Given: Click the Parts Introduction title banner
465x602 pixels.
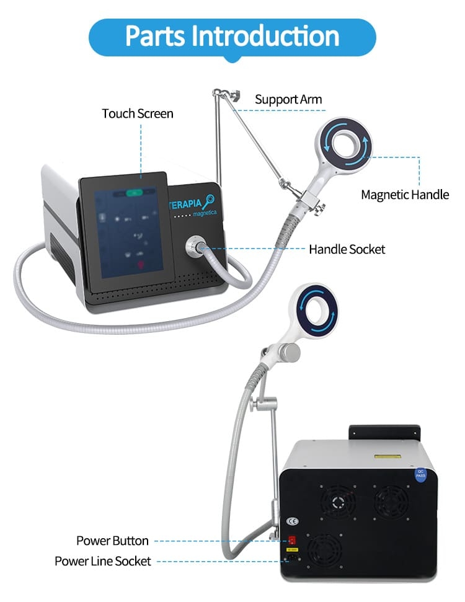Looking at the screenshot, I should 232,36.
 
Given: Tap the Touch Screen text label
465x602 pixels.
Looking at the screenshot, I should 138,113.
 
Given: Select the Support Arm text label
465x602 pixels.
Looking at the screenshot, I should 288,99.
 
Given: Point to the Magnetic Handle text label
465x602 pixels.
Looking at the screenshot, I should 405,195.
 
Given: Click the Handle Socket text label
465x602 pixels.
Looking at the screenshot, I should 347,249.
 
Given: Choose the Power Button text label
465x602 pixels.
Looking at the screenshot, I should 112,541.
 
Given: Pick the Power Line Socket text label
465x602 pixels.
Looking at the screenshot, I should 102,561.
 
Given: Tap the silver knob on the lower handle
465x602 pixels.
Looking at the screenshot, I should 289,352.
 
